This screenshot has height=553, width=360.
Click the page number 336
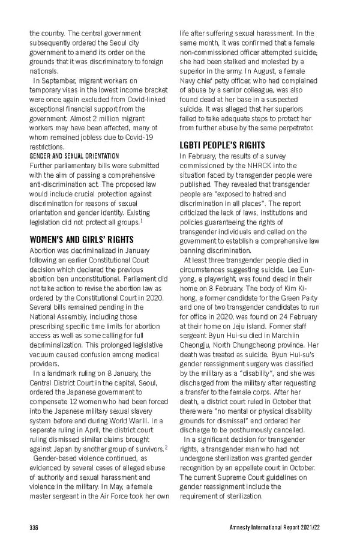tap(34, 527)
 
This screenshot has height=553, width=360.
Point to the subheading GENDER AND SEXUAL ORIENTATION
tap(74, 156)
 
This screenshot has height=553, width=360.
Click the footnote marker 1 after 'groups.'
tap(158, 220)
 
